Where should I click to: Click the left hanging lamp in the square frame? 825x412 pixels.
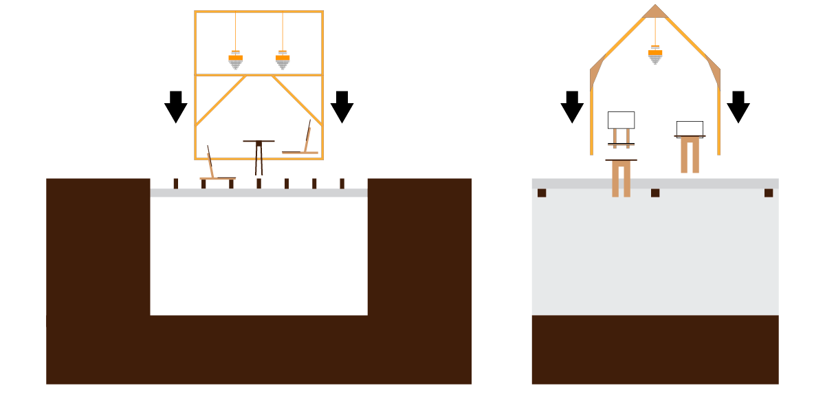click(236, 61)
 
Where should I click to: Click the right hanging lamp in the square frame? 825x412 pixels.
click(283, 61)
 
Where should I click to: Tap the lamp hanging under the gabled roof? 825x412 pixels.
click(655, 54)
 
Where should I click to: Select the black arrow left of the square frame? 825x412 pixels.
click(176, 106)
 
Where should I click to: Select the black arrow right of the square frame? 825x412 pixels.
click(342, 106)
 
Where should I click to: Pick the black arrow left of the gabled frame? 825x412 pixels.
click(572, 106)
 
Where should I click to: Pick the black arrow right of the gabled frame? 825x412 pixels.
click(738, 106)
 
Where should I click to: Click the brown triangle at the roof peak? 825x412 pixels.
click(655, 12)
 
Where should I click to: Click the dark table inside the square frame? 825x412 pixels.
click(258, 155)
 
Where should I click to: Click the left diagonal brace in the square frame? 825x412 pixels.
click(221, 100)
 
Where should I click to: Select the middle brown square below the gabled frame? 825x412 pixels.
click(655, 193)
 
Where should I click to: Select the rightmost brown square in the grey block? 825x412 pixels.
click(769, 193)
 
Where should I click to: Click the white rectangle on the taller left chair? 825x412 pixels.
click(621, 120)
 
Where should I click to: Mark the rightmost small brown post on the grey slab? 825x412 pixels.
click(342, 184)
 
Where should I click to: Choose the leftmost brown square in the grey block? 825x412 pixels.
click(542, 193)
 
